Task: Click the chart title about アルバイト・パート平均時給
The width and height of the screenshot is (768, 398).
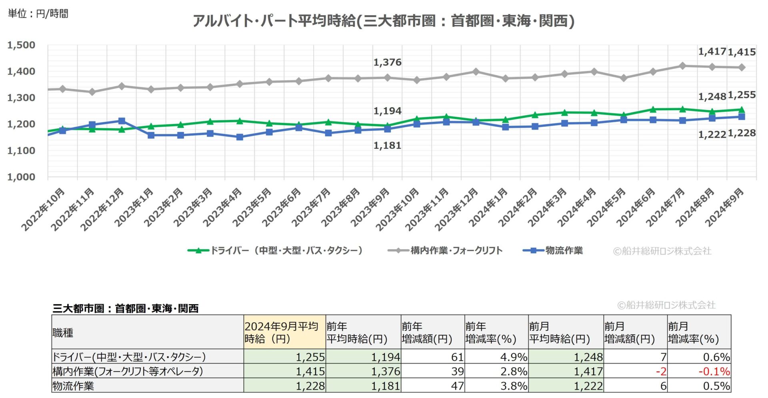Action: point(383,21)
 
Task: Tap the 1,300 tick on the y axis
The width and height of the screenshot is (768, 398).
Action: point(21,98)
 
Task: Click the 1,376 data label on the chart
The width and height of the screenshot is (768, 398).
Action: point(387,62)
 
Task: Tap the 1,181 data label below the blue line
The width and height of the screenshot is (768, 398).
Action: point(387,146)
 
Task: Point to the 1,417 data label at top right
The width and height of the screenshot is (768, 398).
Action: point(712,52)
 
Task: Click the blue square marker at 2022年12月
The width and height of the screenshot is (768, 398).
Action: point(122,121)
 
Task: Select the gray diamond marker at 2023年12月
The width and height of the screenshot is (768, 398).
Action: point(476,72)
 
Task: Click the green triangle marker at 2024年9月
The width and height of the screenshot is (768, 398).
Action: point(741,109)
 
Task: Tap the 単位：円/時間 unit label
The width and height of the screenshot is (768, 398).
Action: point(38,14)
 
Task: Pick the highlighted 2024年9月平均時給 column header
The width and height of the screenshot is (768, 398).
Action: point(284,332)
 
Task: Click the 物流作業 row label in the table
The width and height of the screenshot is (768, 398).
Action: point(74,386)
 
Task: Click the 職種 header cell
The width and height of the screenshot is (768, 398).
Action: point(63,332)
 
